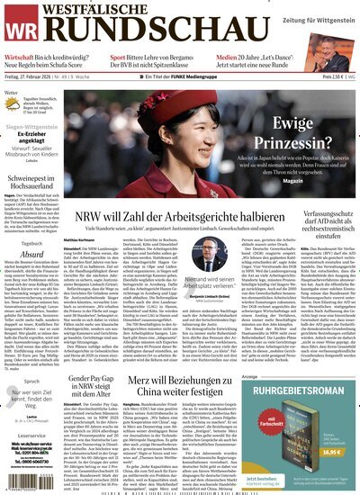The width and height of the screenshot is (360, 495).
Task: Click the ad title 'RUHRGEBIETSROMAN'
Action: (310, 391)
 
